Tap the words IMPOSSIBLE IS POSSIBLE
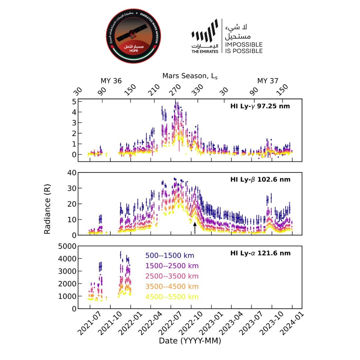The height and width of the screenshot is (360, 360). click(x=244, y=48)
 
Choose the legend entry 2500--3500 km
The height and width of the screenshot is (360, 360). click(x=172, y=276)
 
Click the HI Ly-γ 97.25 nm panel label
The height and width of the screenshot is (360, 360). click(x=260, y=107)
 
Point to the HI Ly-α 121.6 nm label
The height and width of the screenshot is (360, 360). click(x=260, y=253)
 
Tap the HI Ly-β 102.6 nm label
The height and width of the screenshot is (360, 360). click(x=260, y=180)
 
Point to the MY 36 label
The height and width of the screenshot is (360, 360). click(x=111, y=81)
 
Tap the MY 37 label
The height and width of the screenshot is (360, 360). click(x=268, y=81)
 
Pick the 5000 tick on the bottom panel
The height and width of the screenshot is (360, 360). click(x=66, y=246)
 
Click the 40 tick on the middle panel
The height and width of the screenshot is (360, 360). click(x=71, y=172)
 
